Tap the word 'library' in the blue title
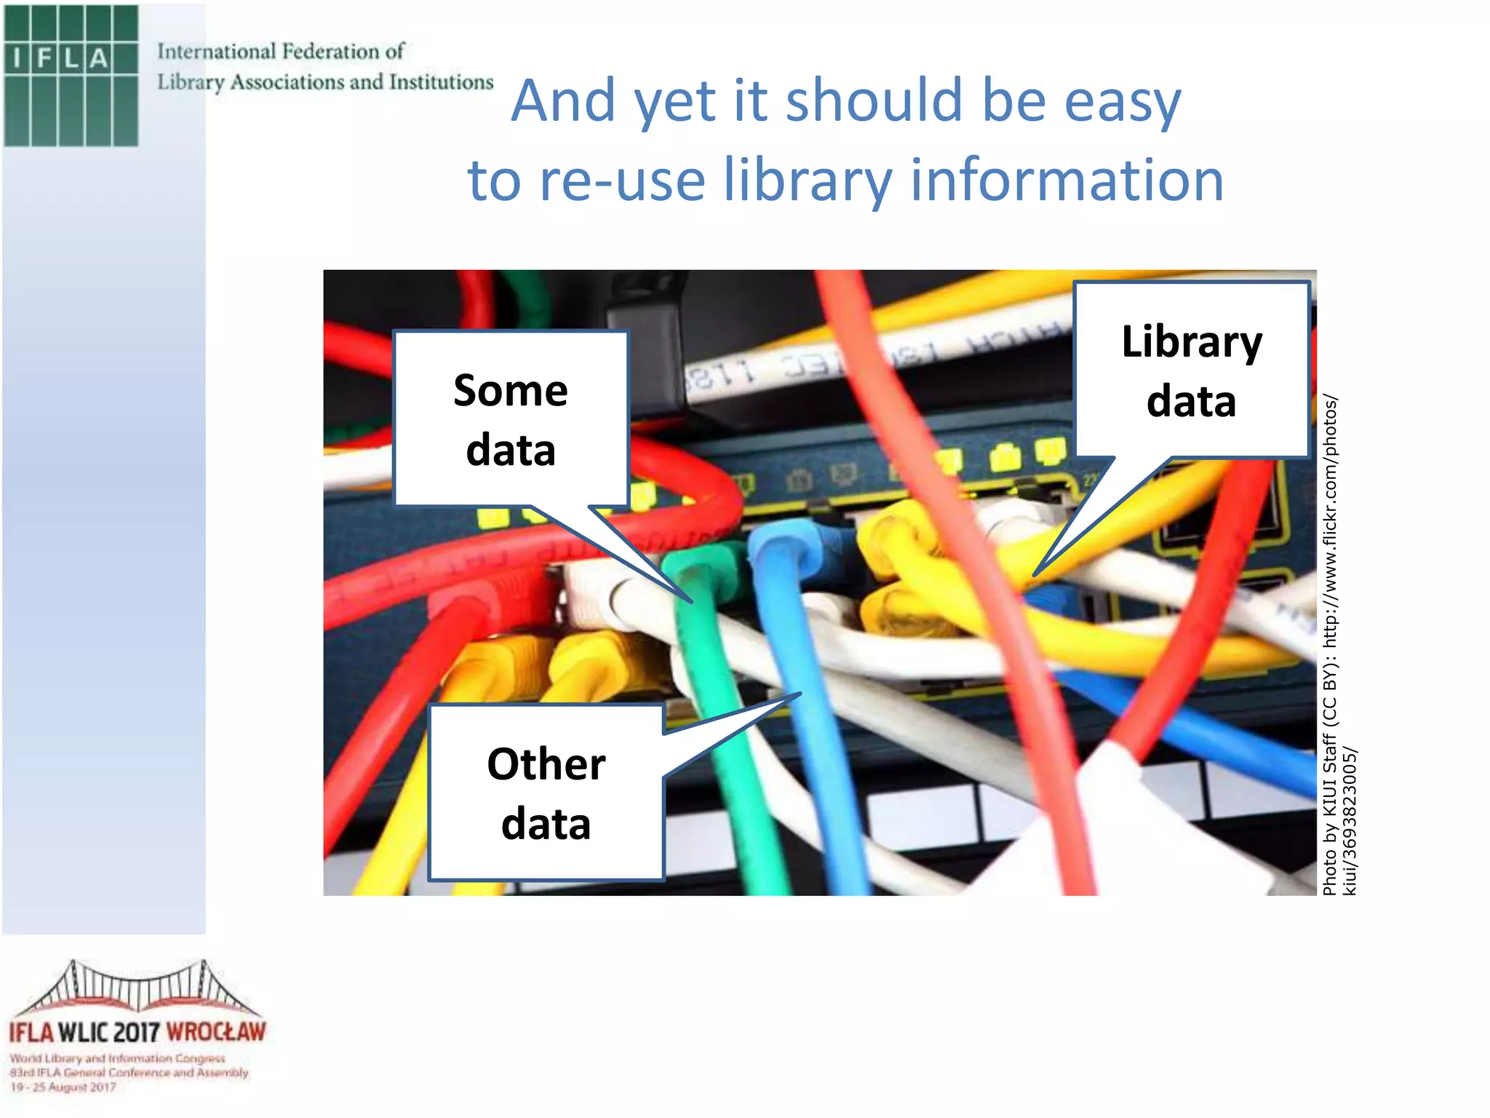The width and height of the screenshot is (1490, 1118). point(807,180)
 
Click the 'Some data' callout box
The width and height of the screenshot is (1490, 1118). point(511,419)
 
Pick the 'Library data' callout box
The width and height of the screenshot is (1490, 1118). point(1191,370)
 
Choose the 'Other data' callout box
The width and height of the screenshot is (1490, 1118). point(546,793)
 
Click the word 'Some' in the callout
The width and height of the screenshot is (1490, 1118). point(511,391)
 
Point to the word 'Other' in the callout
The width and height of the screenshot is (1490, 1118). point(546,764)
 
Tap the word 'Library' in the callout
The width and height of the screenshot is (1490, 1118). point(1192,341)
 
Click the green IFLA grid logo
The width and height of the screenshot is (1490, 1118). point(71,76)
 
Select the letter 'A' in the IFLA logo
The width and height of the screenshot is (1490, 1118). point(99,58)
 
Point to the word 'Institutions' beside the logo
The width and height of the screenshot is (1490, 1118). point(441,82)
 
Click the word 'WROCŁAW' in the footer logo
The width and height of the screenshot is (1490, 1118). point(216,1032)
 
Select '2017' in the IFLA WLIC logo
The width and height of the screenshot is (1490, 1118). point(137,1032)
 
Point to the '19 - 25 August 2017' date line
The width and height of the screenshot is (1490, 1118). point(63,1087)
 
